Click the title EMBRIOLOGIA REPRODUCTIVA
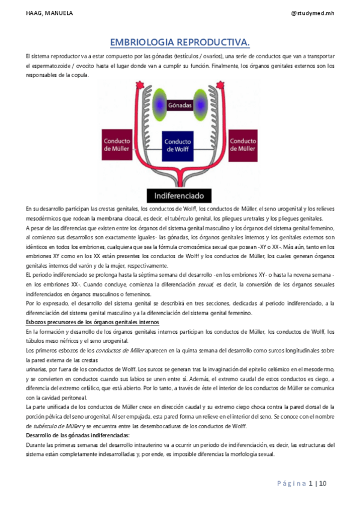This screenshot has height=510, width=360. coord(180,41)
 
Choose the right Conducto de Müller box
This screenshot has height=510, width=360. coord(243,145)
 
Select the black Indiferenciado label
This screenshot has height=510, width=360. coord(181,195)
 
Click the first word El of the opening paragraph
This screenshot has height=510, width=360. coord(22,56)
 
